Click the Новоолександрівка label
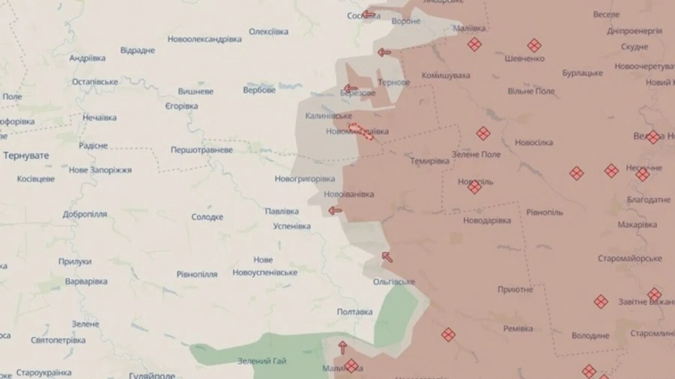(204, 39)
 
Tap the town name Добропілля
(85, 214)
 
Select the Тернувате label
(26, 155)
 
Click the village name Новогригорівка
(304, 179)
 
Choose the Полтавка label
(354, 312)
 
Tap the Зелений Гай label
(262, 361)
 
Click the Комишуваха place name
(445, 76)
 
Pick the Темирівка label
(429, 161)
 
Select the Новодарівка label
(487, 221)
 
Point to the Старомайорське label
(629, 259)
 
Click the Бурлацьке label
(583, 74)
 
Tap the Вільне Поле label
(531, 92)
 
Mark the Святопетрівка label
(58, 340)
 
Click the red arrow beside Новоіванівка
(334, 210)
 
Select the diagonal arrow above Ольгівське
(387, 257)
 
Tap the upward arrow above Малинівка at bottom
(343, 347)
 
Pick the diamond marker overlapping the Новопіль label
(474, 187)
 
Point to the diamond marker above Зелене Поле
(483, 134)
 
